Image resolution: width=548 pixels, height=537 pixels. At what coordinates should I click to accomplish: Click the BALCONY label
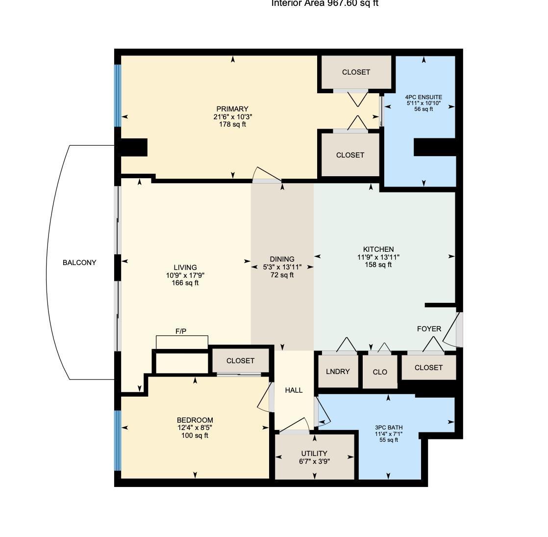pos(79,263)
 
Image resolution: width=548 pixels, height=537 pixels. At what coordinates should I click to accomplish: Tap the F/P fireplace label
pos(181,332)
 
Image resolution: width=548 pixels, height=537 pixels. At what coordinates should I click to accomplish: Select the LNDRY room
pos(338,371)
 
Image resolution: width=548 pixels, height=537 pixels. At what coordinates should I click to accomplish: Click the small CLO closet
pos(380,372)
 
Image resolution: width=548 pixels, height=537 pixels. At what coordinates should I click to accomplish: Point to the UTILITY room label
pos(314,454)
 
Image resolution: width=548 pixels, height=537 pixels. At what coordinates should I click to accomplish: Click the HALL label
pos(294,390)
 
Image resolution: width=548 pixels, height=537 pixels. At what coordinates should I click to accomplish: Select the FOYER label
pos(429,329)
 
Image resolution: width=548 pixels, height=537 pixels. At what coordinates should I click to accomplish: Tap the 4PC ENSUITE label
pos(423,97)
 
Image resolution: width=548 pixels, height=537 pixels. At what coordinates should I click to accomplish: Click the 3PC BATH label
pos(388,428)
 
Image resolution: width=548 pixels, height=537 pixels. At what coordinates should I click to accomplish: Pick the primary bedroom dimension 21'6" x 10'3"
pos(233,117)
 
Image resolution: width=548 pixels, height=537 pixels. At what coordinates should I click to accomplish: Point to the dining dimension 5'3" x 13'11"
pos(282,267)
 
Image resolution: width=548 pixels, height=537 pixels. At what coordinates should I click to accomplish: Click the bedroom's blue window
pos(118,440)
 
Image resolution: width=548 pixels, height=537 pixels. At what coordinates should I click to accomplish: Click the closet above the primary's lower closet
pos(356,72)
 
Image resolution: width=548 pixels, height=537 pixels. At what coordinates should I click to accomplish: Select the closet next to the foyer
pos(428,368)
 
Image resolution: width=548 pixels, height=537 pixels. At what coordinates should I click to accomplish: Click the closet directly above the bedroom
pos(240,361)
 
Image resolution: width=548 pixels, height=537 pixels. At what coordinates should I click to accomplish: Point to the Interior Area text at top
pos(325,4)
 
